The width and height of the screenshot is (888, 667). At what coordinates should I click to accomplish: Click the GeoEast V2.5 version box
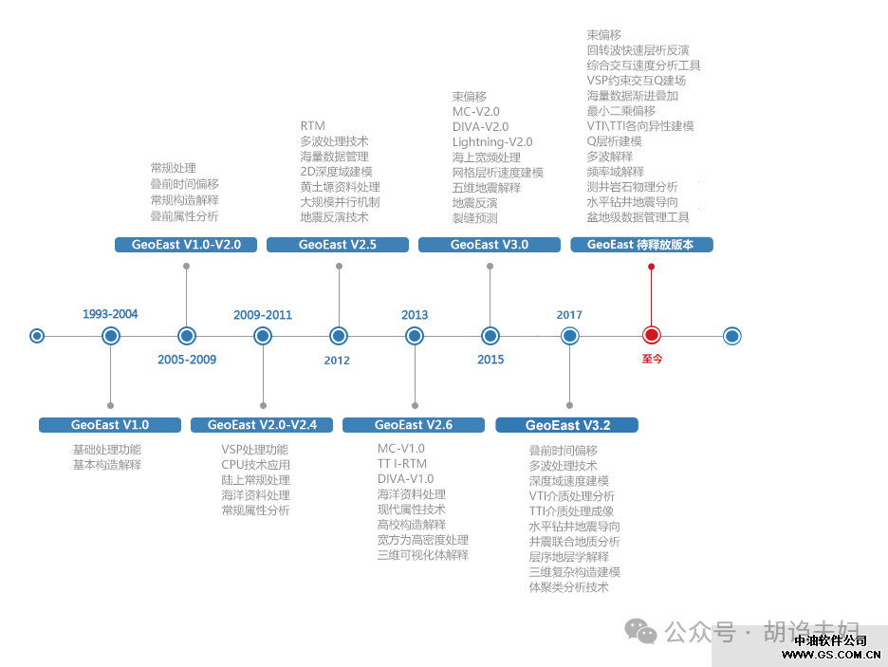[338, 245]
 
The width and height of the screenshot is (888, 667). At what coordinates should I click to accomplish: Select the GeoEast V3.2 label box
[567, 425]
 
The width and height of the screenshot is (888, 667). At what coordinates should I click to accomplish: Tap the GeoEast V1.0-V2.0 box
[186, 245]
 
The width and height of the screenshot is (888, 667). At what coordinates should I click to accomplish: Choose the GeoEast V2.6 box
[414, 425]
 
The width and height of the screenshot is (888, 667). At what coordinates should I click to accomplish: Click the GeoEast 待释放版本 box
[640, 245]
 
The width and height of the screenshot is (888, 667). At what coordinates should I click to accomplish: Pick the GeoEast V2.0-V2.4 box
[262, 425]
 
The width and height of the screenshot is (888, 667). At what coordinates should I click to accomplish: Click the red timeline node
[651, 335]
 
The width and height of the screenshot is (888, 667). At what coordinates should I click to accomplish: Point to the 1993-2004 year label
[110, 314]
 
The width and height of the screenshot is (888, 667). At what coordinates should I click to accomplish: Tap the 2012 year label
[337, 360]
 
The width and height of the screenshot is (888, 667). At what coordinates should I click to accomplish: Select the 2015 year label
[490, 360]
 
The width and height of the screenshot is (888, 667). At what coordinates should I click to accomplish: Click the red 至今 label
[652, 359]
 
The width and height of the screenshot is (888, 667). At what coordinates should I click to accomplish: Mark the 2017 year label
[569, 314]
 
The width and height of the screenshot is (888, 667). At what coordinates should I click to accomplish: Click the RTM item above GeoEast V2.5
[312, 126]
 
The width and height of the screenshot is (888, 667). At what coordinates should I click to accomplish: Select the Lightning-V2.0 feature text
[492, 141]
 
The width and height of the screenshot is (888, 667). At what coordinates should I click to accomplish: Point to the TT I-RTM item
[402, 464]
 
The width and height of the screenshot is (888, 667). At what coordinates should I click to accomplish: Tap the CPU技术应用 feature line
[255, 465]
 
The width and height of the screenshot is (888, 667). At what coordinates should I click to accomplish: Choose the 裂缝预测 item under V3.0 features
[474, 218]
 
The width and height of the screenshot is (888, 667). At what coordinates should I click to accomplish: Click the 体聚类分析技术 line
[568, 587]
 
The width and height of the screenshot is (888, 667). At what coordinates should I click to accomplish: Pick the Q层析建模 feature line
[615, 141]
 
